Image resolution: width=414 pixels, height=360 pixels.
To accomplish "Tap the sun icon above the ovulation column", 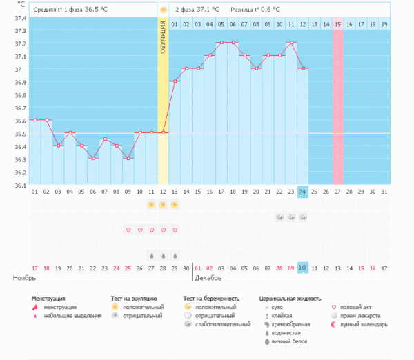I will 163,10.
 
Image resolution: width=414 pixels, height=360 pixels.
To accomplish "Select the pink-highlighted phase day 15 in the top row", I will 337,24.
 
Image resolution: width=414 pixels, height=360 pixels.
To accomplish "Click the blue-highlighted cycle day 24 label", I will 303,191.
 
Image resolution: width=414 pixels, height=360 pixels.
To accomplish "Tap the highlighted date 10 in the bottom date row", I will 303,268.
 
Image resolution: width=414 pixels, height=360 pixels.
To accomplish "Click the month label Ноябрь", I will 24,278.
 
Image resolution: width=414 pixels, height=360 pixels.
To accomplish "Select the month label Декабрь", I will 208,278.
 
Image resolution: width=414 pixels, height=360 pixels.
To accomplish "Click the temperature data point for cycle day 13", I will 175,81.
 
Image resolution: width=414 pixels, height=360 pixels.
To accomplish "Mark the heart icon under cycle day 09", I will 128,230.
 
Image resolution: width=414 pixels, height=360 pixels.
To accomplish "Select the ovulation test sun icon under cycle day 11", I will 151,205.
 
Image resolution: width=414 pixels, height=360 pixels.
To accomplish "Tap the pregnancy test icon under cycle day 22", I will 279,217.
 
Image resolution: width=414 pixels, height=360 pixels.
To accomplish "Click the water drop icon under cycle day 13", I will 175,253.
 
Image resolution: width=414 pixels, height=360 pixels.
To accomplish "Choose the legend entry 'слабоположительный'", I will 222,323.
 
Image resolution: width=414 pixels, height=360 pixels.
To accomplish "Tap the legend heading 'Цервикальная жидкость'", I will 290,299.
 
